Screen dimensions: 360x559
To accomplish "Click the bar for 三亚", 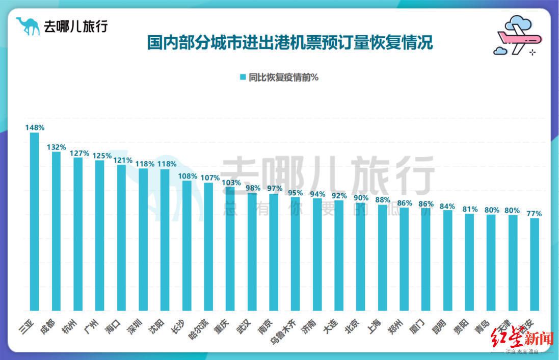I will coord(34,221).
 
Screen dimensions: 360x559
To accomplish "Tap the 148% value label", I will coord(35,127).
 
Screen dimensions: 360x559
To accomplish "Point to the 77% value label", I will coord(534,214).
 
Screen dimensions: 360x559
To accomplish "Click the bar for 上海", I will coord(382,258).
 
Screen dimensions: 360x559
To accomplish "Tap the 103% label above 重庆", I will coord(231,183).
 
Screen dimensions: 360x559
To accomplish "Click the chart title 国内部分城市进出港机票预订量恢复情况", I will coord(290,42).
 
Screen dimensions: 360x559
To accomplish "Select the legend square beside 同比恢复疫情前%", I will coord(243,78).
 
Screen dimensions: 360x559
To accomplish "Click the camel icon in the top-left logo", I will coord(28,26).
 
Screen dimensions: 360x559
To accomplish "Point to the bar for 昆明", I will coord(447,260).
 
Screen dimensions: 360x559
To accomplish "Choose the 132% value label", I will coord(57,147).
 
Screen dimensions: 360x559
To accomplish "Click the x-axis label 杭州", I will coord(71,324).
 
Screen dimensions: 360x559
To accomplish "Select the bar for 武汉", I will coord(252,252).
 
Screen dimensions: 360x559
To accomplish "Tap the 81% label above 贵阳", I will coord(470,209).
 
